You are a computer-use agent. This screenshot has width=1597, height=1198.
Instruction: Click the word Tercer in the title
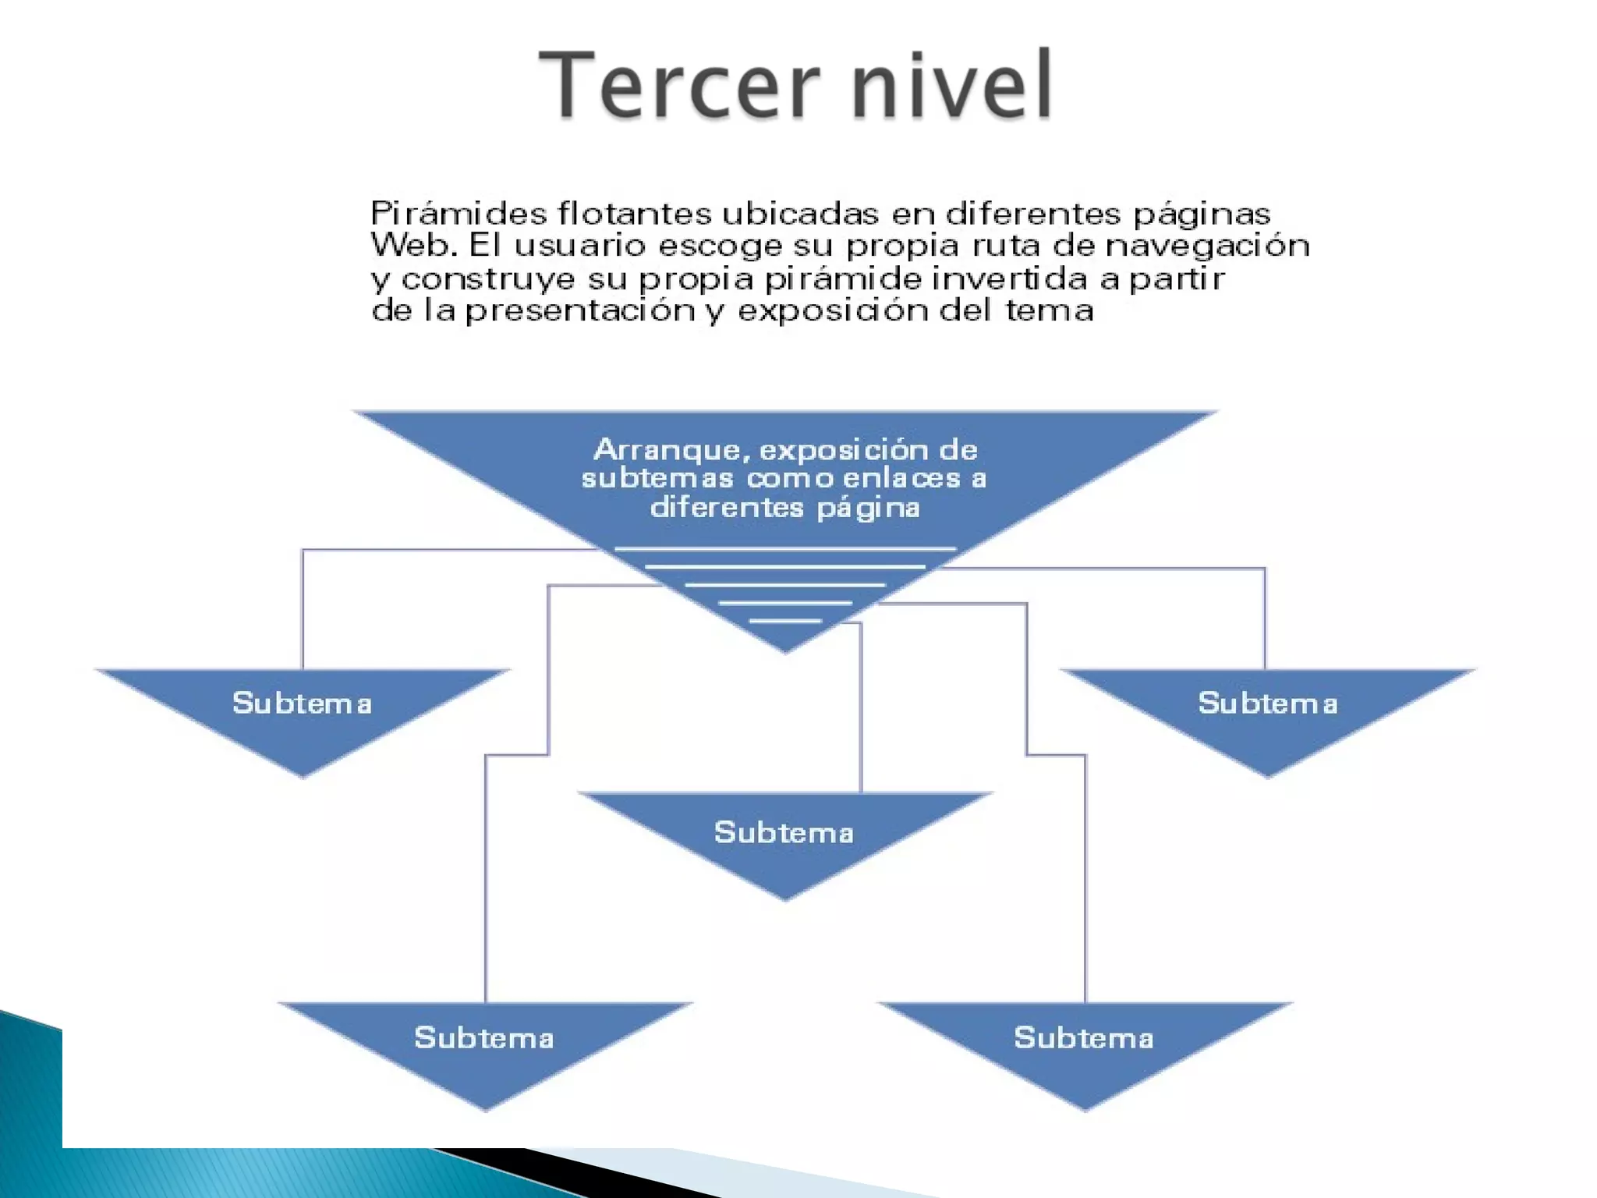(678, 83)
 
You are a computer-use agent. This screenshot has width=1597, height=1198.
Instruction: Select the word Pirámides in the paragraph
(458, 214)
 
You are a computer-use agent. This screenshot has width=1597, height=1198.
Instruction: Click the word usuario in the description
(580, 246)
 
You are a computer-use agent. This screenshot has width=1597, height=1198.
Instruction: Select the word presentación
(580, 311)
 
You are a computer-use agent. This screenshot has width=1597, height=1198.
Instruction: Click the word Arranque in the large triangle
(671, 450)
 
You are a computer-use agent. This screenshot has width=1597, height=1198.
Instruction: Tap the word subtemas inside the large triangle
(657, 478)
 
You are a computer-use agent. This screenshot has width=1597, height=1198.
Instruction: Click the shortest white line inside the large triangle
(785, 621)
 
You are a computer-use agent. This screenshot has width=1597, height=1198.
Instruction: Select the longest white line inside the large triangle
(785, 549)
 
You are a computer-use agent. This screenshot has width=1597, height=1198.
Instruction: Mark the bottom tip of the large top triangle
(785, 650)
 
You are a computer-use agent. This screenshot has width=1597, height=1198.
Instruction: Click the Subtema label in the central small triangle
(784, 833)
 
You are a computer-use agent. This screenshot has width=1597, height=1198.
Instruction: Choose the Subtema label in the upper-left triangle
(302, 704)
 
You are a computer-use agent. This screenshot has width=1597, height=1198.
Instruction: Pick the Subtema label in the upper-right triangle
(1267, 704)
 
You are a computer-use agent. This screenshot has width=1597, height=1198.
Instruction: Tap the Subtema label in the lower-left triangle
(483, 1038)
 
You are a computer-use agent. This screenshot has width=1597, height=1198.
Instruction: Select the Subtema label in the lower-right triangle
(1083, 1038)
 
